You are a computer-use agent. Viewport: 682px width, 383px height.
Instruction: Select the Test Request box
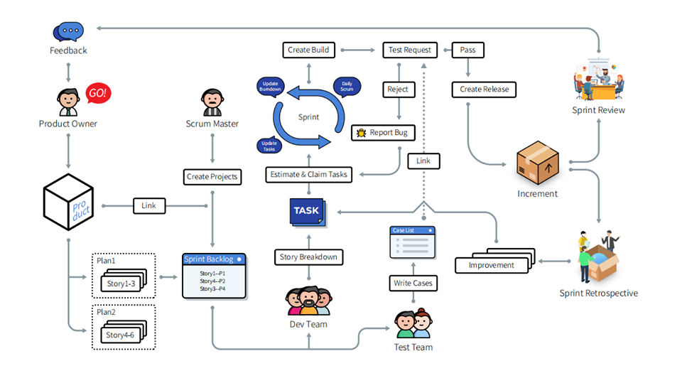pos(409,50)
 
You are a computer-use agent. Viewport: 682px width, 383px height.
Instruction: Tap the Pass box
pos(467,50)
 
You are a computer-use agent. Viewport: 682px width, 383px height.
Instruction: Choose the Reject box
pos(398,90)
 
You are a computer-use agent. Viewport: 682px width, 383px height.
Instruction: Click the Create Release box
pos(483,90)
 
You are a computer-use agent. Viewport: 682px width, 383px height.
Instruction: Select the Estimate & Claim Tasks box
pos(309,174)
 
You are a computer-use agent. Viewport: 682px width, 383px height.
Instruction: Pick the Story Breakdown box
pos(308,256)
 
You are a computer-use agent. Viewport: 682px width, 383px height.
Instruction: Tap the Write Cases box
pos(413,283)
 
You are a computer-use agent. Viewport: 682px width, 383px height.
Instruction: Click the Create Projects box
pos(212,176)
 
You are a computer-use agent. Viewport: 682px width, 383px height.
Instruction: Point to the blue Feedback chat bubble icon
pos(68,31)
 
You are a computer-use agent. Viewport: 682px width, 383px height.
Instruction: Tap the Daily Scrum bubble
pos(347,85)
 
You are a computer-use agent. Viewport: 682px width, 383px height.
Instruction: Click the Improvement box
pos(491,265)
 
